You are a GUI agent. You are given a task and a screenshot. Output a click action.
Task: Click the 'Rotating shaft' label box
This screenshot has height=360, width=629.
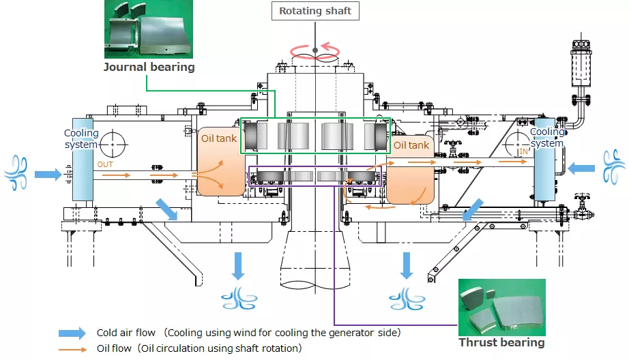pos(314,11)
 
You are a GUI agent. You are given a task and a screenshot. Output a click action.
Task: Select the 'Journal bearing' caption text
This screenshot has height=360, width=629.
pos(149,67)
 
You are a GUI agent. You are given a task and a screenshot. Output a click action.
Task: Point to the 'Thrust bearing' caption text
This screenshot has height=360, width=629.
pos(501,342)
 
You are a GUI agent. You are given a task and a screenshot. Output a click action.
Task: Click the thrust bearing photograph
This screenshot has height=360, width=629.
pos(501,307)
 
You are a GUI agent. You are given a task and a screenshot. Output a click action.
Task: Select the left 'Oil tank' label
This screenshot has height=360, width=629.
pos(219,138)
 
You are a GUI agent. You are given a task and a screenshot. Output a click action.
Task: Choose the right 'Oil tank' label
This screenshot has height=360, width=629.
pos(411,145)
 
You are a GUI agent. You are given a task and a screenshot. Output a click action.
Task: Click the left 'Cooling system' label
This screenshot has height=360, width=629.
pos(81,138)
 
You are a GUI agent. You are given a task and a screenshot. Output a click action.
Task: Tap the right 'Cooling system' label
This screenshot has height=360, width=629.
pos(547,137)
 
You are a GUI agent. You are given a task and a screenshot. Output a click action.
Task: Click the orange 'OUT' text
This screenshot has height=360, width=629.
pos(104,164)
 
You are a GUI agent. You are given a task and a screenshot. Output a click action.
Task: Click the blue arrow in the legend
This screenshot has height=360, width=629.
pos(72,333)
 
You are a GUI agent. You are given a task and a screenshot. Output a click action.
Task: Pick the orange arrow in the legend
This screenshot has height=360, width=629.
pos(72,348)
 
